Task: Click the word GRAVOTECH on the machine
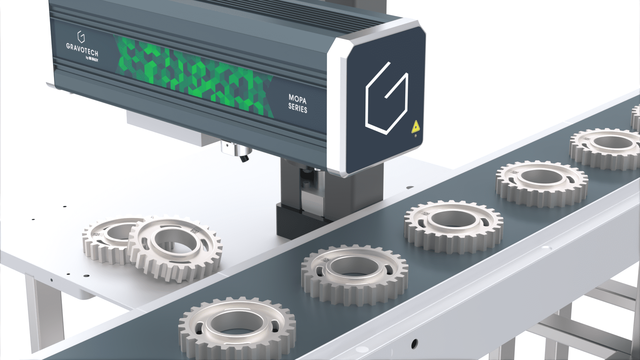(82, 49)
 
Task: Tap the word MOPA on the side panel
(297, 99)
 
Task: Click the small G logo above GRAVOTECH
(81, 36)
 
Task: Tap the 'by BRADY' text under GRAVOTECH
(92, 59)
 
